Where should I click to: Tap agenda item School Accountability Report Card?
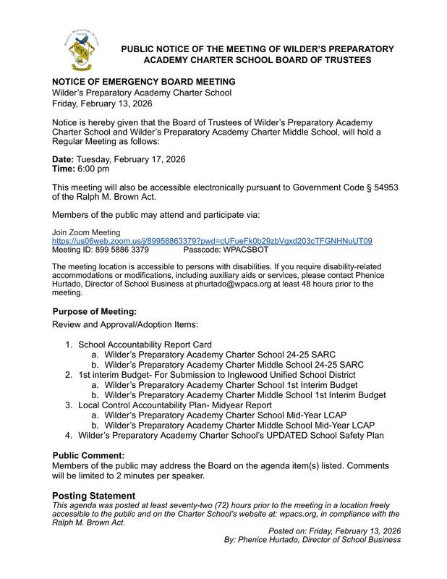click(x=145, y=344)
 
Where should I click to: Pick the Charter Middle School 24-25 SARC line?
click(x=234, y=364)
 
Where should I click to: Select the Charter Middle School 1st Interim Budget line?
click(x=245, y=395)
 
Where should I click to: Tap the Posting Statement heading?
click(x=94, y=496)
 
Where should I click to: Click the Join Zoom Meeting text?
click(x=82, y=232)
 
